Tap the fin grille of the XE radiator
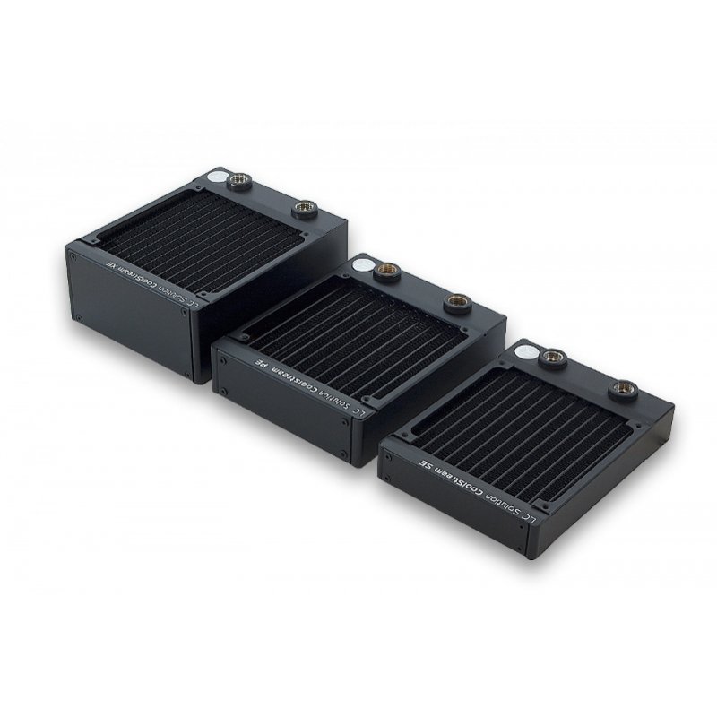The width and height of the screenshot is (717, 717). (197, 238)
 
